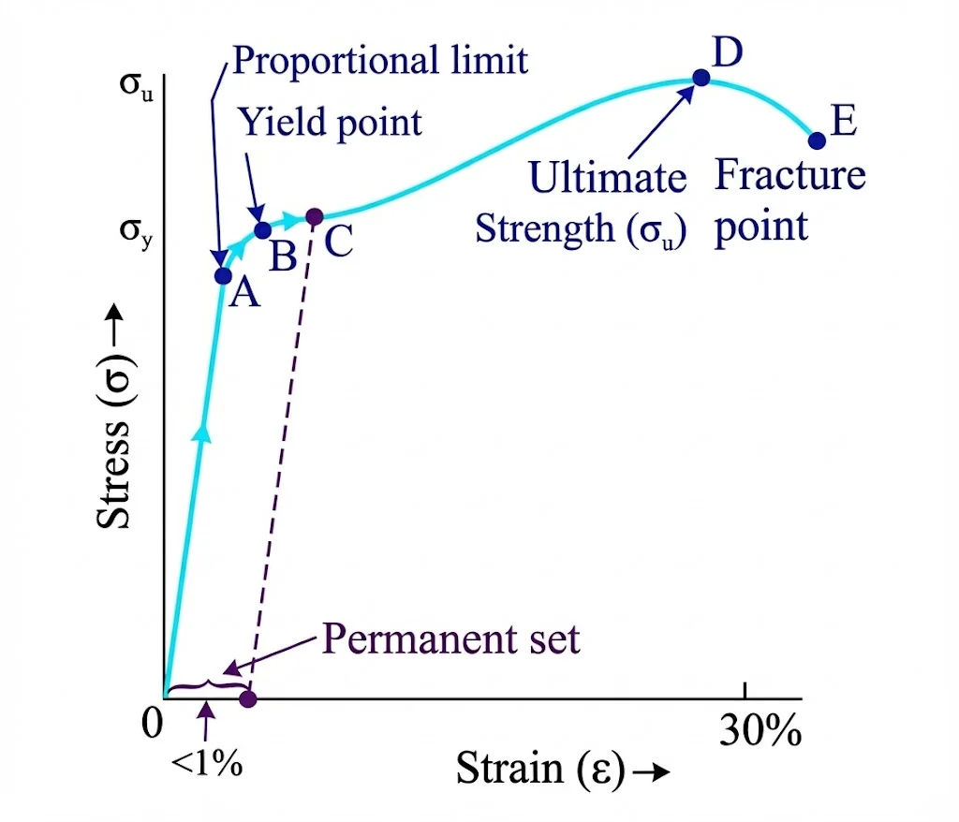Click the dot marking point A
click(223, 275)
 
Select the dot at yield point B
click(263, 229)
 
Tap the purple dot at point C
click(315, 217)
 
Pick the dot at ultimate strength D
click(701, 78)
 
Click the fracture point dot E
click(817, 140)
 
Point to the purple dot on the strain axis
click(247, 698)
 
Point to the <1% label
click(207, 762)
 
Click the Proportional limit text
click(380, 60)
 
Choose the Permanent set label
click(451, 639)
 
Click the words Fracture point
click(789, 200)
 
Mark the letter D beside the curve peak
click(728, 53)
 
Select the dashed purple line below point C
click(281, 459)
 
